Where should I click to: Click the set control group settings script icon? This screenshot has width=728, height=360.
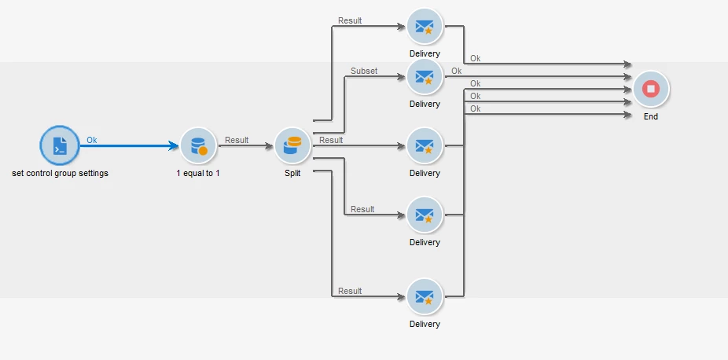60,145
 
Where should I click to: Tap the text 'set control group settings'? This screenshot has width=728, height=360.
61,173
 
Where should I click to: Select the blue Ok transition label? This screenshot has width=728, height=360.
92,140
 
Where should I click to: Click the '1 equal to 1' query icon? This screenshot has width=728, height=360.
197,145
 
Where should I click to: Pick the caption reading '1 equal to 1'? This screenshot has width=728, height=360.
198,173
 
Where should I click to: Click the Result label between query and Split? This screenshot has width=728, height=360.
237,140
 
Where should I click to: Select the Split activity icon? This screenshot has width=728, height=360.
292,145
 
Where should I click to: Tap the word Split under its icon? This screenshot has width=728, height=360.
292,173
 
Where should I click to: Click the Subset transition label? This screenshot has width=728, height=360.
364,71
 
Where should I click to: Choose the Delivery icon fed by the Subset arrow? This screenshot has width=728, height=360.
425,77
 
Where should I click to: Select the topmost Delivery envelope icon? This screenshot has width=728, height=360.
425,27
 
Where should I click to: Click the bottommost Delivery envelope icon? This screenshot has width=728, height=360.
425,297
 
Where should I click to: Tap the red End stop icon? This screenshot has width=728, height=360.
650,89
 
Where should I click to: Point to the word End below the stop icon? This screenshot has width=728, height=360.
650,116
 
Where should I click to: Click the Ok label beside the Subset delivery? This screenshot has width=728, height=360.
457,71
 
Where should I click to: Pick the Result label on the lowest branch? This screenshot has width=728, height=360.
350,291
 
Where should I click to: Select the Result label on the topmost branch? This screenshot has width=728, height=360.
350,20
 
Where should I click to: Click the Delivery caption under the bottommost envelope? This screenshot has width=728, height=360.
425,324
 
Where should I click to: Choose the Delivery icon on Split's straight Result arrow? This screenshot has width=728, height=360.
425,145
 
